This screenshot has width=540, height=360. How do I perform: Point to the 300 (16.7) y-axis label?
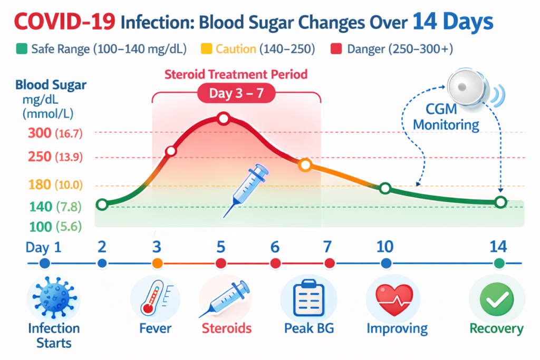[53, 133]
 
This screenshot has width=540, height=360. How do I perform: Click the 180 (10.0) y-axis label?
[52, 184]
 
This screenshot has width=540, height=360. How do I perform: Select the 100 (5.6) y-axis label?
[52, 227]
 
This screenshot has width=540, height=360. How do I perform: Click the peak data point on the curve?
[223, 119]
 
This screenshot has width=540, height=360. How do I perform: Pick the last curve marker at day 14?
[500, 202]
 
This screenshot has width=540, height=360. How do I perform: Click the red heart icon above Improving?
[393, 298]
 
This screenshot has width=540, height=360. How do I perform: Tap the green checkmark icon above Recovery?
[497, 298]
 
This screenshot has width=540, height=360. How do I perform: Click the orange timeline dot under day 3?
[157, 263]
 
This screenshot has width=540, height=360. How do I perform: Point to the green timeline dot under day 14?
[499, 263]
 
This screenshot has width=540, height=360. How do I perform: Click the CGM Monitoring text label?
[446, 118]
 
